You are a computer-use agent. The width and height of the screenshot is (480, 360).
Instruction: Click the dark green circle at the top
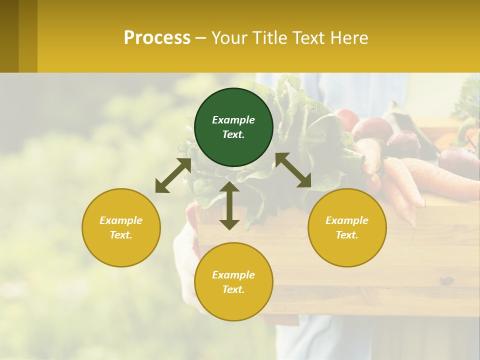pyautogui.click(x=233, y=127)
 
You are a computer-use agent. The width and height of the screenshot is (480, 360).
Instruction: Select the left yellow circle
pyautogui.click(x=121, y=227)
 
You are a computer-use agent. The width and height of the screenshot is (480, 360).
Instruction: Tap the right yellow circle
pyautogui.click(x=347, y=227)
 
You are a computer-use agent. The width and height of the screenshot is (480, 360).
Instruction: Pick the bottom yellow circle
pyautogui.click(x=233, y=282)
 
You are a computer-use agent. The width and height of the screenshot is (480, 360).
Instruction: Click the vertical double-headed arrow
pyautogui.click(x=229, y=205)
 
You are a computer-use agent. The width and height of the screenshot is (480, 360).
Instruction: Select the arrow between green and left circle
pyautogui.click(x=173, y=176)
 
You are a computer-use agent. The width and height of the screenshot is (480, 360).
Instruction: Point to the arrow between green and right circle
pyautogui.click(x=293, y=170)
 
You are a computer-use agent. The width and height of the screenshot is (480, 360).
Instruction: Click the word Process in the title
pyautogui.click(x=157, y=37)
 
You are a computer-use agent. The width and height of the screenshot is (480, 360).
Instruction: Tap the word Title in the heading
pyautogui.click(x=268, y=37)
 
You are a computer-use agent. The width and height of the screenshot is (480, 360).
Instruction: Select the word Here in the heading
pyautogui.click(x=350, y=37)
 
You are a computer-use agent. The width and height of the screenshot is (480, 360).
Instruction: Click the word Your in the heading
pyautogui.click(x=229, y=37)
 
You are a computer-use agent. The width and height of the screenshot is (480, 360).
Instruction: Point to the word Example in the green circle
pyautogui.click(x=233, y=120)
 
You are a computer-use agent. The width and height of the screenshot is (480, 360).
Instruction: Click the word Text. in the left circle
pyautogui.click(x=121, y=235)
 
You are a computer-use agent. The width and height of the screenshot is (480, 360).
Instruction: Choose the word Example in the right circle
pyautogui.click(x=347, y=220)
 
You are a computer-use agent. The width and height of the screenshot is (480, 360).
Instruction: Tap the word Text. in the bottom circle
pyautogui.click(x=233, y=289)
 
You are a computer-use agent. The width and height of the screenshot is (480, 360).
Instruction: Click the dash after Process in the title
pyautogui.click(x=201, y=38)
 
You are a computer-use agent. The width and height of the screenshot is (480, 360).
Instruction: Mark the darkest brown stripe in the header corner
pyautogui.click(x=9, y=36)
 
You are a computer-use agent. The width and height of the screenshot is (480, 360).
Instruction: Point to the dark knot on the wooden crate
pyautogui.click(x=446, y=280)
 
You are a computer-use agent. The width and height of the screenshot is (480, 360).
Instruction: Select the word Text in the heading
pyautogui.click(x=309, y=37)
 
